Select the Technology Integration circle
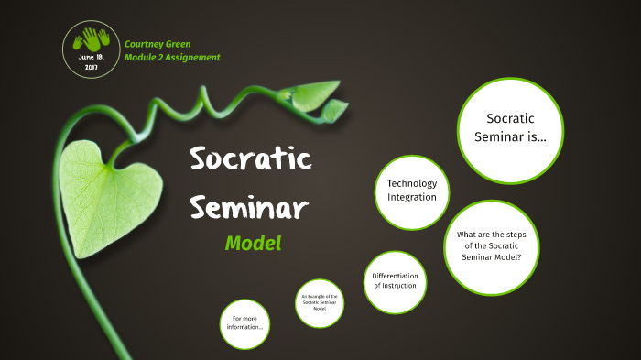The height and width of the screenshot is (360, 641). (411, 191)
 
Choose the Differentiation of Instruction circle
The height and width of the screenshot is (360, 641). (395, 281)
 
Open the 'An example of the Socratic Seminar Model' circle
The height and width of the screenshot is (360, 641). (320, 303)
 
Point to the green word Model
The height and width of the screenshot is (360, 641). (253, 244)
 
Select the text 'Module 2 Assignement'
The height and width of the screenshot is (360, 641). (172, 58)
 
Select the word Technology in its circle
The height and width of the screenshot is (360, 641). (411, 183)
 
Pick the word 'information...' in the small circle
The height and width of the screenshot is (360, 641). (244, 328)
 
